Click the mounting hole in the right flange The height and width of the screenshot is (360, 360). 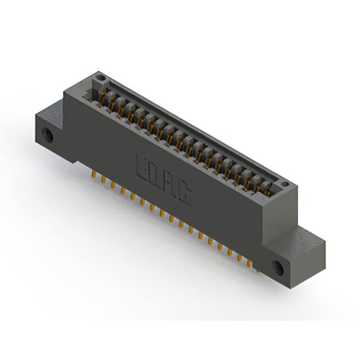pyautogui.click(x=278, y=268)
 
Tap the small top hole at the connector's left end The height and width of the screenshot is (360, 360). pyautogui.click(x=100, y=76)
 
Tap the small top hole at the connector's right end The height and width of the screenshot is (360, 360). pyautogui.click(x=285, y=183)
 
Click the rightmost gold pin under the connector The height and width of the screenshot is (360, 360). pyautogui.click(x=257, y=269)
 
